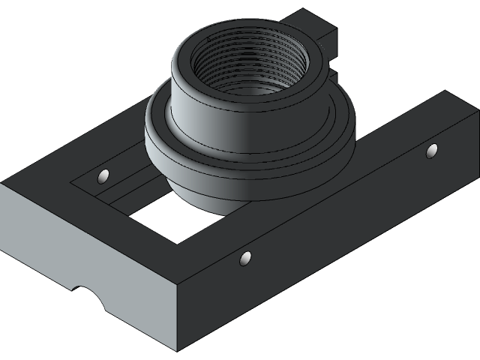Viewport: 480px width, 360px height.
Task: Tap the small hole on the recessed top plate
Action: [103, 176]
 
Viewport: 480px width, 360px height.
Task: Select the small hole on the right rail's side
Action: [432, 151]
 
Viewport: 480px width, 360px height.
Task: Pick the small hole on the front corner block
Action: [245, 259]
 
